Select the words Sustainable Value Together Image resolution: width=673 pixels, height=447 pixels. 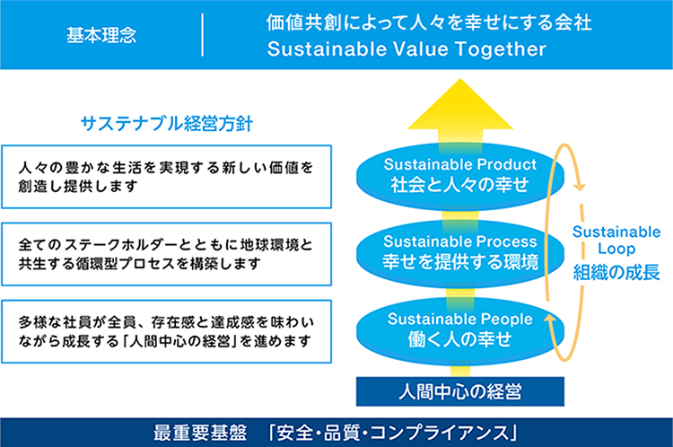coord(406,50)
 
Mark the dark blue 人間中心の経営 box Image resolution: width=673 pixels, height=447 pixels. coord(459,390)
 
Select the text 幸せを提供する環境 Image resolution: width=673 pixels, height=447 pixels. coord(459,263)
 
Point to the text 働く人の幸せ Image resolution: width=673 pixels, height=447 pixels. coord(459,339)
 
